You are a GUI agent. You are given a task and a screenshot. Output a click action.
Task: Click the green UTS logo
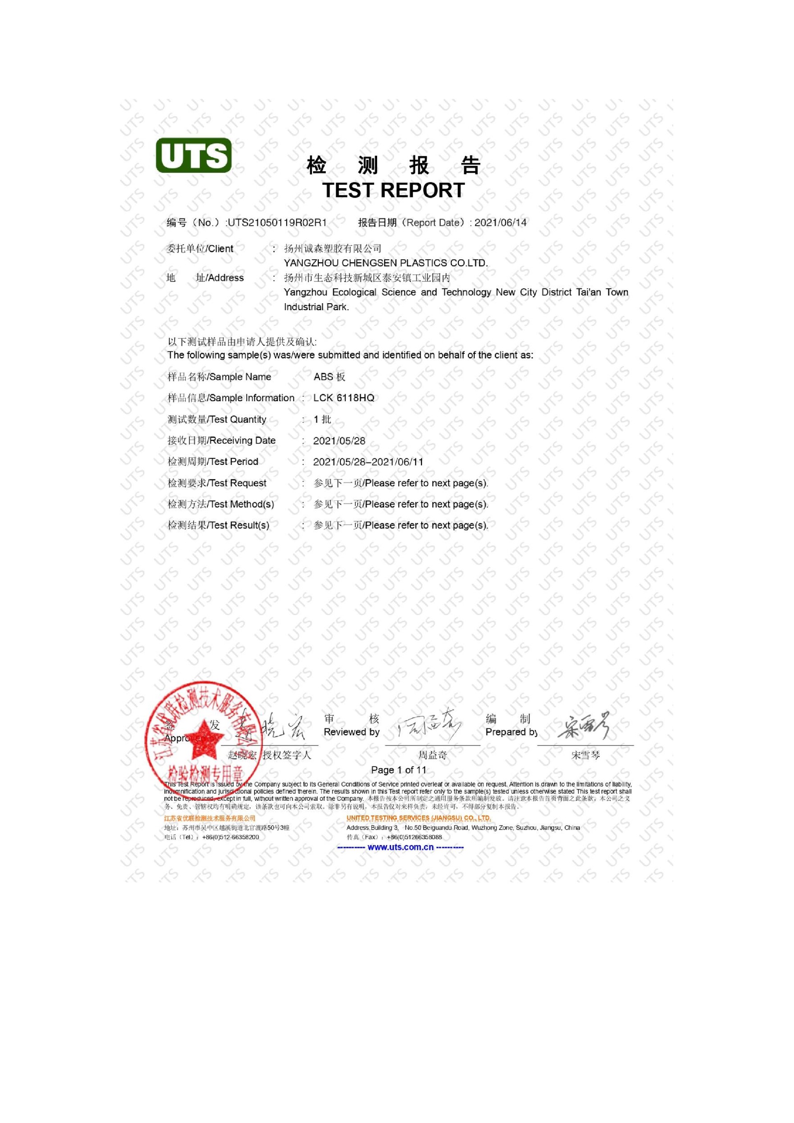pyautogui.click(x=194, y=155)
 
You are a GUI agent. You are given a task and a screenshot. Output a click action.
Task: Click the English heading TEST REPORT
pyautogui.click(x=394, y=190)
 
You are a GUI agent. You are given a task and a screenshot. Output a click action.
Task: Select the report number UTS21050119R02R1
pyautogui.click(x=277, y=223)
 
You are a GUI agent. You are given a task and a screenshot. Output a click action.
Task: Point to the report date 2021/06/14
pyautogui.click(x=501, y=223)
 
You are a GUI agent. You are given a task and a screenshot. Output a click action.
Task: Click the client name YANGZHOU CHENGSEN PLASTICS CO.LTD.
pyautogui.click(x=386, y=263)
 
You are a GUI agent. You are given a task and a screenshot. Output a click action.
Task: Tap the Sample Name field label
pyautogui.click(x=219, y=377)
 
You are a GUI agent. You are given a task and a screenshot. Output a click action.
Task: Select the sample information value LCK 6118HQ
pyautogui.click(x=344, y=397)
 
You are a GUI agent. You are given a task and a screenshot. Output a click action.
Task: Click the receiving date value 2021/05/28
pyautogui.click(x=339, y=441)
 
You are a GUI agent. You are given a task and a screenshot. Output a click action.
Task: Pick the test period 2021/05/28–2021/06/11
pyautogui.click(x=368, y=462)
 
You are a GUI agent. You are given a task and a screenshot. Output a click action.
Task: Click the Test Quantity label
pyautogui.click(x=217, y=419)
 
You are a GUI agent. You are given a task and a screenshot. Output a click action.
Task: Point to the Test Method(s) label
pyautogui.click(x=220, y=504)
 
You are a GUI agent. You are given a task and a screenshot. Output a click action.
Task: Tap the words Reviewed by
pyautogui.click(x=352, y=732)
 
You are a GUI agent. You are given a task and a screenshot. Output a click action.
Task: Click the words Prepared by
pyautogui.click(x=511, y=732)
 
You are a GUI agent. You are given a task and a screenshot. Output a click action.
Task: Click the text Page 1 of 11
pyautogui.click(x=399, y=770)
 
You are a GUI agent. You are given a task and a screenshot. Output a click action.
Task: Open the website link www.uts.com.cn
pyautogui.click(x=400, y=847)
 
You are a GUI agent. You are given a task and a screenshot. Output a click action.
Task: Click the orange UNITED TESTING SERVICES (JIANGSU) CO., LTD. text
pyautogui.click(x=419, y=818)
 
